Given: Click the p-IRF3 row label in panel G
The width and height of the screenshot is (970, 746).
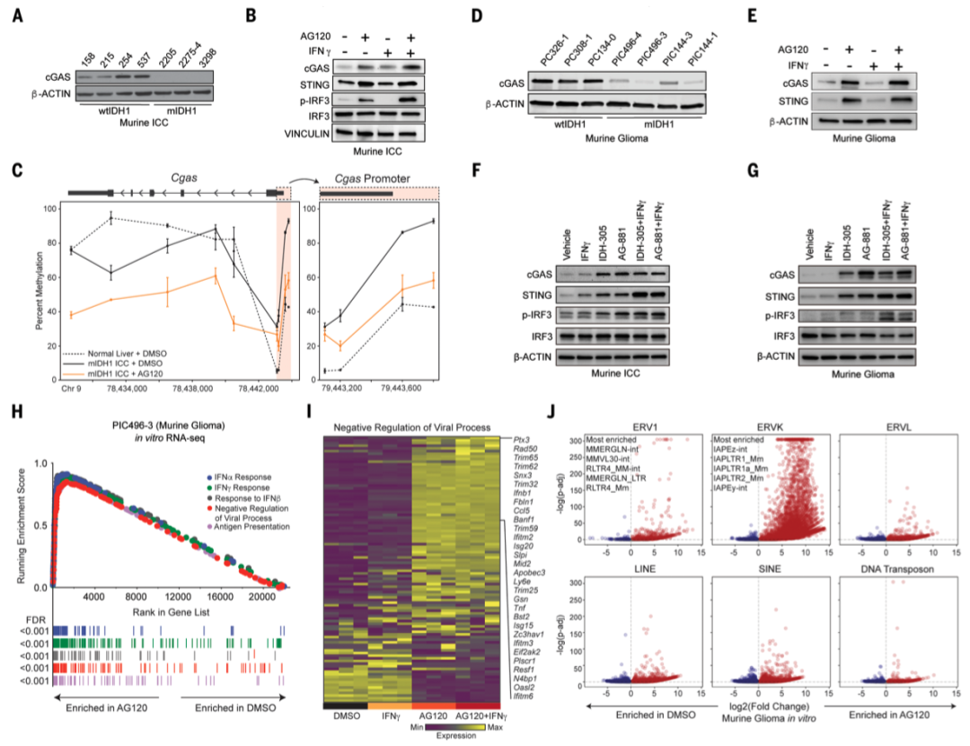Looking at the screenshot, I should click(778, 316).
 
